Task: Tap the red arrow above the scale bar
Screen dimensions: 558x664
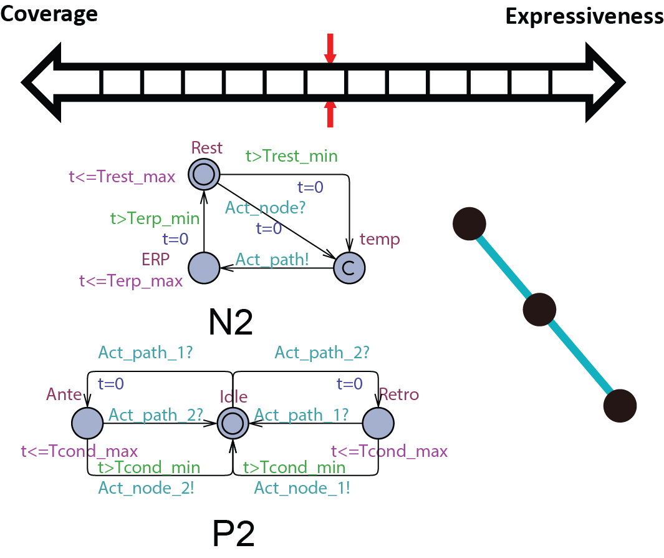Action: pos(330,49)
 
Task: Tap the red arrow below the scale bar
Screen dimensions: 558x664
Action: pos(330,114)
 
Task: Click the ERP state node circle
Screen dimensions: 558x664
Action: pos(204,268)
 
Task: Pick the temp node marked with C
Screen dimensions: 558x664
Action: pos(349,268)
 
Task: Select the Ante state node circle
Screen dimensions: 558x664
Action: pos(87,423)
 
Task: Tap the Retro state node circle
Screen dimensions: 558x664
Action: pos(378,423)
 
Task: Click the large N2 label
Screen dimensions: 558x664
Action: pos(231,322)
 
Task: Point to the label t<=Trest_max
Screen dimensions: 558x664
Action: pos(122,177)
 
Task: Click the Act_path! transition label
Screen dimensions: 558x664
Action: pos(272,259)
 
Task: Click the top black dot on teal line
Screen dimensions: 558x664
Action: pos(469,223)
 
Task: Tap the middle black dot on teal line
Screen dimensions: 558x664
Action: pos(539,309)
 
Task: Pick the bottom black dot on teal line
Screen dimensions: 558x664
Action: pos(620,406)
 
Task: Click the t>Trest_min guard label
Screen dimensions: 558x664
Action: pos(291,156)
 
